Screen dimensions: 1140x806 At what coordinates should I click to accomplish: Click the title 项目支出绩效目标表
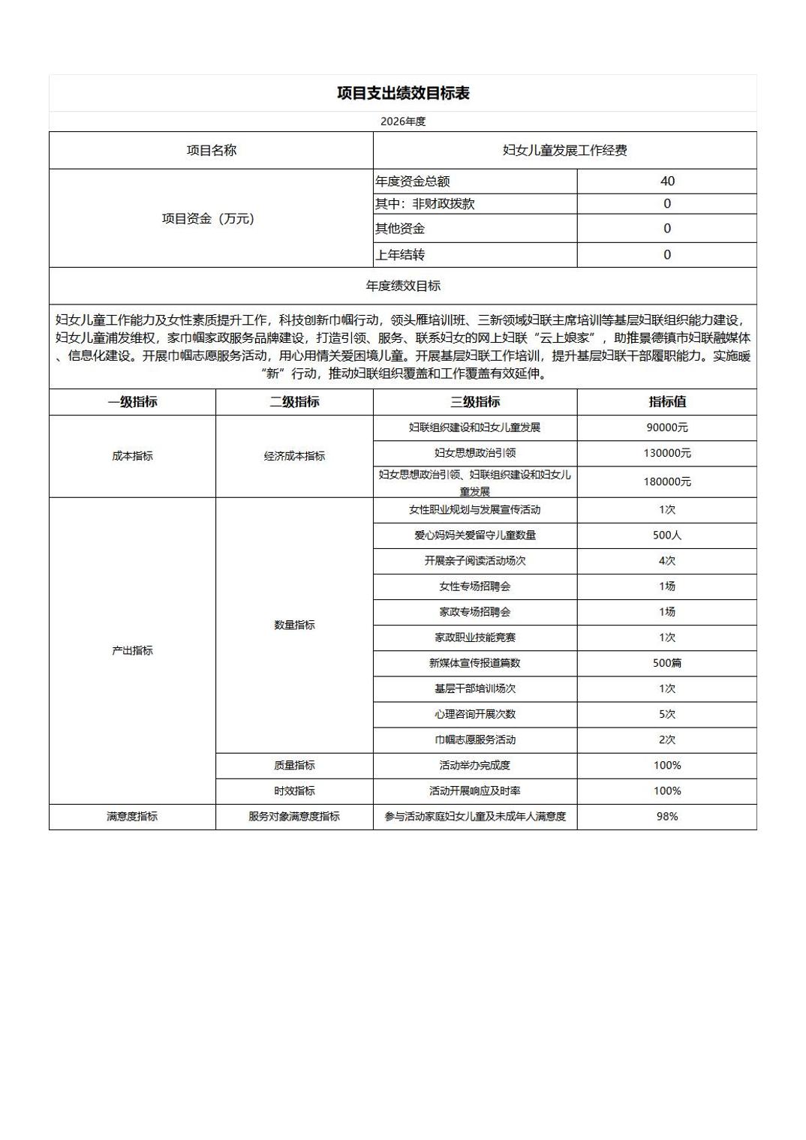[x=403, y=93]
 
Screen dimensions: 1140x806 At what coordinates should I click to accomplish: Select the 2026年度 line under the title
[x=403, y=121]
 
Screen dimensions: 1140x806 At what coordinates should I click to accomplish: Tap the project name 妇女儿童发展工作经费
[x=564, y=150]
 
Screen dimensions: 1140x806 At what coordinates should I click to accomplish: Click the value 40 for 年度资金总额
[x=667, y=181]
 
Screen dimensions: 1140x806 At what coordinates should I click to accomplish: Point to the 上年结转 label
[x=400, y=255]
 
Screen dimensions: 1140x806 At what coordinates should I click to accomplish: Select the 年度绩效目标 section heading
[x=403, y=286]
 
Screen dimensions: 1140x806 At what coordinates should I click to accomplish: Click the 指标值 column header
[x=667, y=402]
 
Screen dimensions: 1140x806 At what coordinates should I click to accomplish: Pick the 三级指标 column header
[x=475, y=402]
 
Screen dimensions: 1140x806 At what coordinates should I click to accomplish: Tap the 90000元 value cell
[x=667, y=427]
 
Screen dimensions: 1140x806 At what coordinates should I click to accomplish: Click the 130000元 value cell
[x=667, y=453]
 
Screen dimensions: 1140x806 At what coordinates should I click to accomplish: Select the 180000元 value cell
[x=667, y=481]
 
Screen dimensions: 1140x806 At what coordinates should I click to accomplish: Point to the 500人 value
[x=667, y=535]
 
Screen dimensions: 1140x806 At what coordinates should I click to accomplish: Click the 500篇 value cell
[x=667, y=663]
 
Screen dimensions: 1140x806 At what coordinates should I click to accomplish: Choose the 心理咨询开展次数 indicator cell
[x=475, y=714]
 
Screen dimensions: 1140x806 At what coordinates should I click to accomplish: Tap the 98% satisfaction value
[x=667, y=816]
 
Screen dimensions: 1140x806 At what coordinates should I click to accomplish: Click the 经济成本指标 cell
[x=294, y=456]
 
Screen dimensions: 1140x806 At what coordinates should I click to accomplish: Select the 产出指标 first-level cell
[x=132, y=650]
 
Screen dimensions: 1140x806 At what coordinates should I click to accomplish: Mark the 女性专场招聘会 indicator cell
[x=475, y=586]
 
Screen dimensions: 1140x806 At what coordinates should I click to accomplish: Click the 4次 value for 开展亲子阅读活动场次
[x=667, y=561]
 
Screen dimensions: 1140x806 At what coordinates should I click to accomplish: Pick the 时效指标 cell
[x=294, y=790]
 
